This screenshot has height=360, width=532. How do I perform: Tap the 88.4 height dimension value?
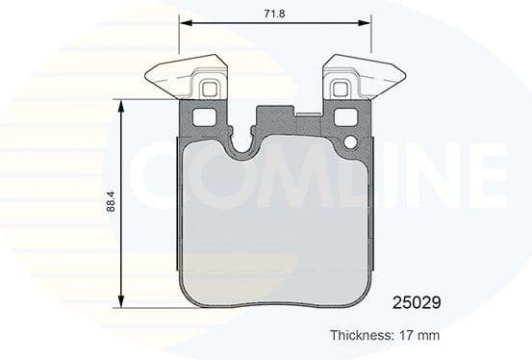[112, 203]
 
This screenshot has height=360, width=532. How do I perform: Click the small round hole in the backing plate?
[350, 142]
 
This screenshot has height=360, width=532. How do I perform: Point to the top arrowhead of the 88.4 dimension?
[121, 105]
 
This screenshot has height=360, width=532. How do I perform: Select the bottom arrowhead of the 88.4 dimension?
[121, 301]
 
